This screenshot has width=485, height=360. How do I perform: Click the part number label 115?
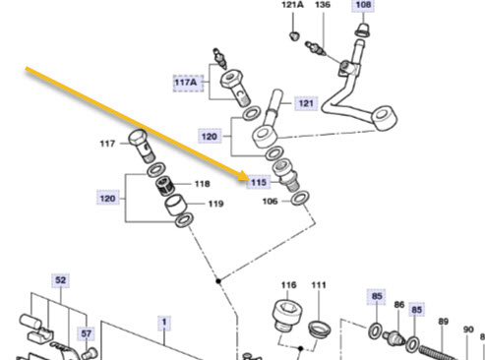click(259, 182)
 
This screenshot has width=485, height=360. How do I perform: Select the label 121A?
click(292, 5)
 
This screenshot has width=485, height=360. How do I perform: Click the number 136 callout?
click(323, 5)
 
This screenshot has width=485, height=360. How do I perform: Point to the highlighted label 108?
click(363, 5)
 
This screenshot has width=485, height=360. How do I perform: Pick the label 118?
click(203, 184)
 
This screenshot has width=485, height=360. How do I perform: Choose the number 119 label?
click(215, 204)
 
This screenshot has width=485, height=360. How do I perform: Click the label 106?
click(270, 201)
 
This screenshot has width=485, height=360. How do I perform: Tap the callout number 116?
click(288, 285)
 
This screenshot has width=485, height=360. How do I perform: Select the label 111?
click(319, 285)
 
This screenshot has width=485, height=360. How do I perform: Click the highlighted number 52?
click(61, 280)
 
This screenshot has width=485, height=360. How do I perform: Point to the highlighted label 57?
click(86, 333)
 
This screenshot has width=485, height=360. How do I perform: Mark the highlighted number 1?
click(164, 322)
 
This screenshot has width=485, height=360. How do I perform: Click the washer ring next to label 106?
click(300, 199)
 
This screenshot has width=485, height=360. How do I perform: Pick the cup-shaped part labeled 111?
click(319, 329)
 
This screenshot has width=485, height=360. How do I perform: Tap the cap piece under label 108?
click(363, 30)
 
